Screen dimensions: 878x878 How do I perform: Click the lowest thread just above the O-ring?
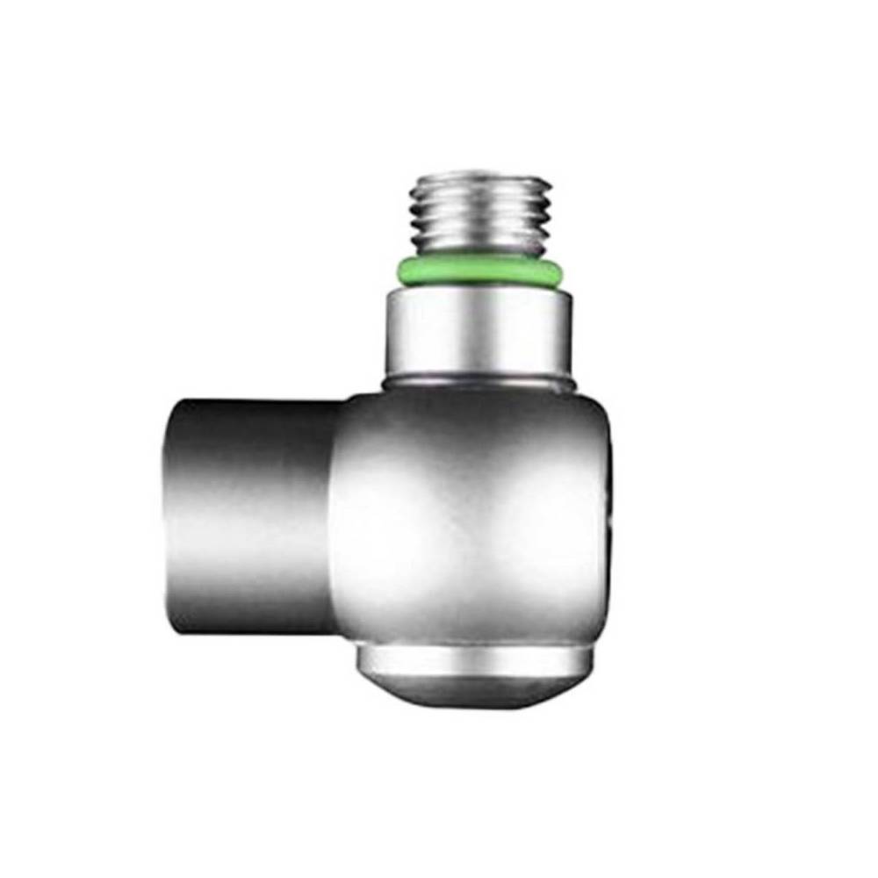pos(479,248)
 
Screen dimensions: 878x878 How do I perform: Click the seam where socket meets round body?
pos(337,518)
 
